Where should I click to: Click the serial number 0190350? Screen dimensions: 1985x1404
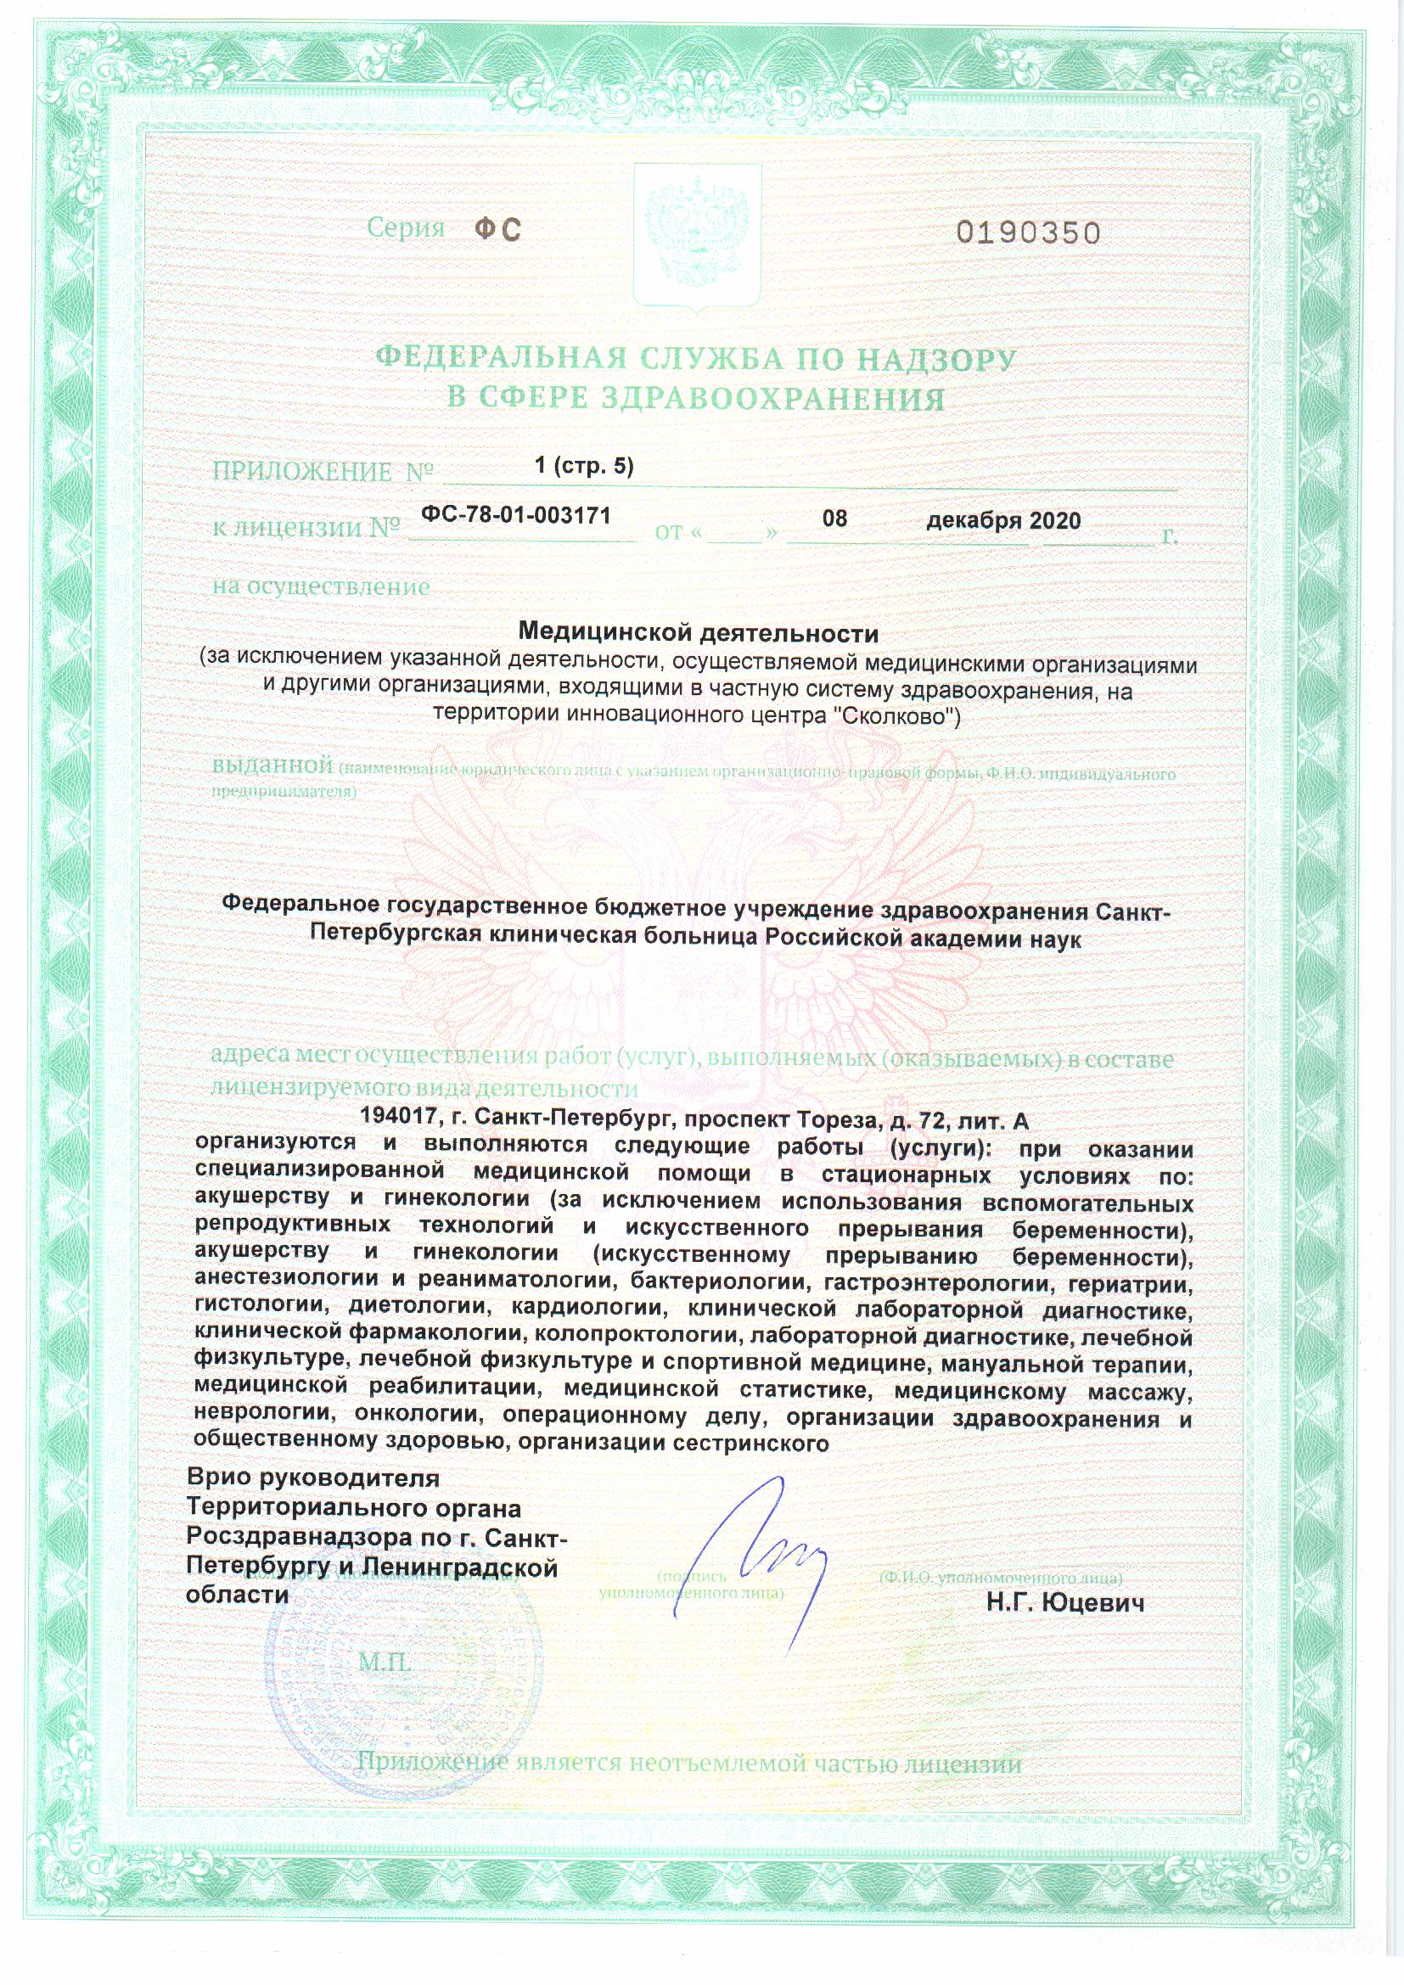click(x=1028, y=233)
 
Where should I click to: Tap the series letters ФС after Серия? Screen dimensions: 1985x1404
click(x=498, y=229)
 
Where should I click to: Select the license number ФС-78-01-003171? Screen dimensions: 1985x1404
click(x=516, y=515)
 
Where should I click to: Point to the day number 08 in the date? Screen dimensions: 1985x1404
click(x=834, y=519)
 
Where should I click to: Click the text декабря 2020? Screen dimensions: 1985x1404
click(x=1002, y=520)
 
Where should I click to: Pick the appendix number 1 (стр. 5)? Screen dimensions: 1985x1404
click(x=584, y=466)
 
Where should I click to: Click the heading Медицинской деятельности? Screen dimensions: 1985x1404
click(x=697, y=634)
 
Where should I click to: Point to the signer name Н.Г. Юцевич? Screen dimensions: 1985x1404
click(x=1065, y=1604)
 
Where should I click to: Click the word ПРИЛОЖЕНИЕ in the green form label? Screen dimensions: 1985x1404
click(x=301, y=472)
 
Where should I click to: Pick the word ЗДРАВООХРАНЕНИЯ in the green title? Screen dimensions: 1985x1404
click(x=772, y=399)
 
